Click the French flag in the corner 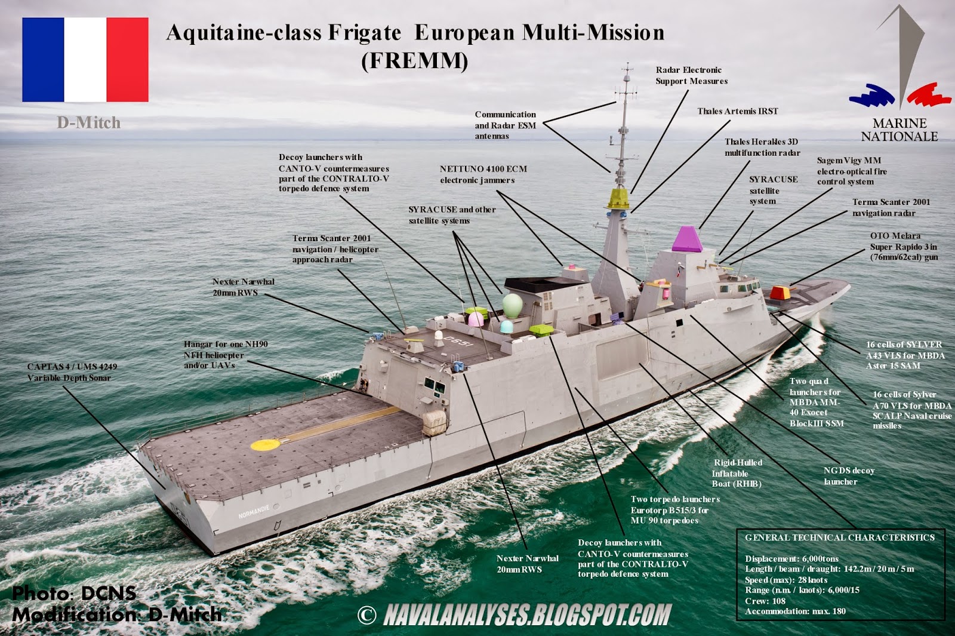click(x=85, y=60)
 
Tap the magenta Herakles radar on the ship click(x=688, y=239)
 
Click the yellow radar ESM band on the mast click(x=618, y=198)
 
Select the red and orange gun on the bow click(x=780, y=293)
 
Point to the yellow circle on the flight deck click(x=266, y=444)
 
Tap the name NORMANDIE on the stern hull click(x=254, y=512)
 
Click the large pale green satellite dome click(x=512, y=305)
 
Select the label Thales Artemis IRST click(x=738, y=111)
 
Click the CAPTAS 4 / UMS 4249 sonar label click(x=72, y=372)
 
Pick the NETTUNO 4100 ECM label click(x=483, y=174)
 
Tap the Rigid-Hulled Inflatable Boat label click(x=737, y=473)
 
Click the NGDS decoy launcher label click(x=849, y=476)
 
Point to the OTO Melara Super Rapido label click(x=904, y=247)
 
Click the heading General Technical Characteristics click(x=839, y=537)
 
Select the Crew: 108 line click(x=765, y=601)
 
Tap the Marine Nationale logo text click(x=899, y=130)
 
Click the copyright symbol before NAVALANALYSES click(x=366, y=615)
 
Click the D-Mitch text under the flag click(x=88, y=123)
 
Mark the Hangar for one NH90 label click(x=225, y=355)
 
